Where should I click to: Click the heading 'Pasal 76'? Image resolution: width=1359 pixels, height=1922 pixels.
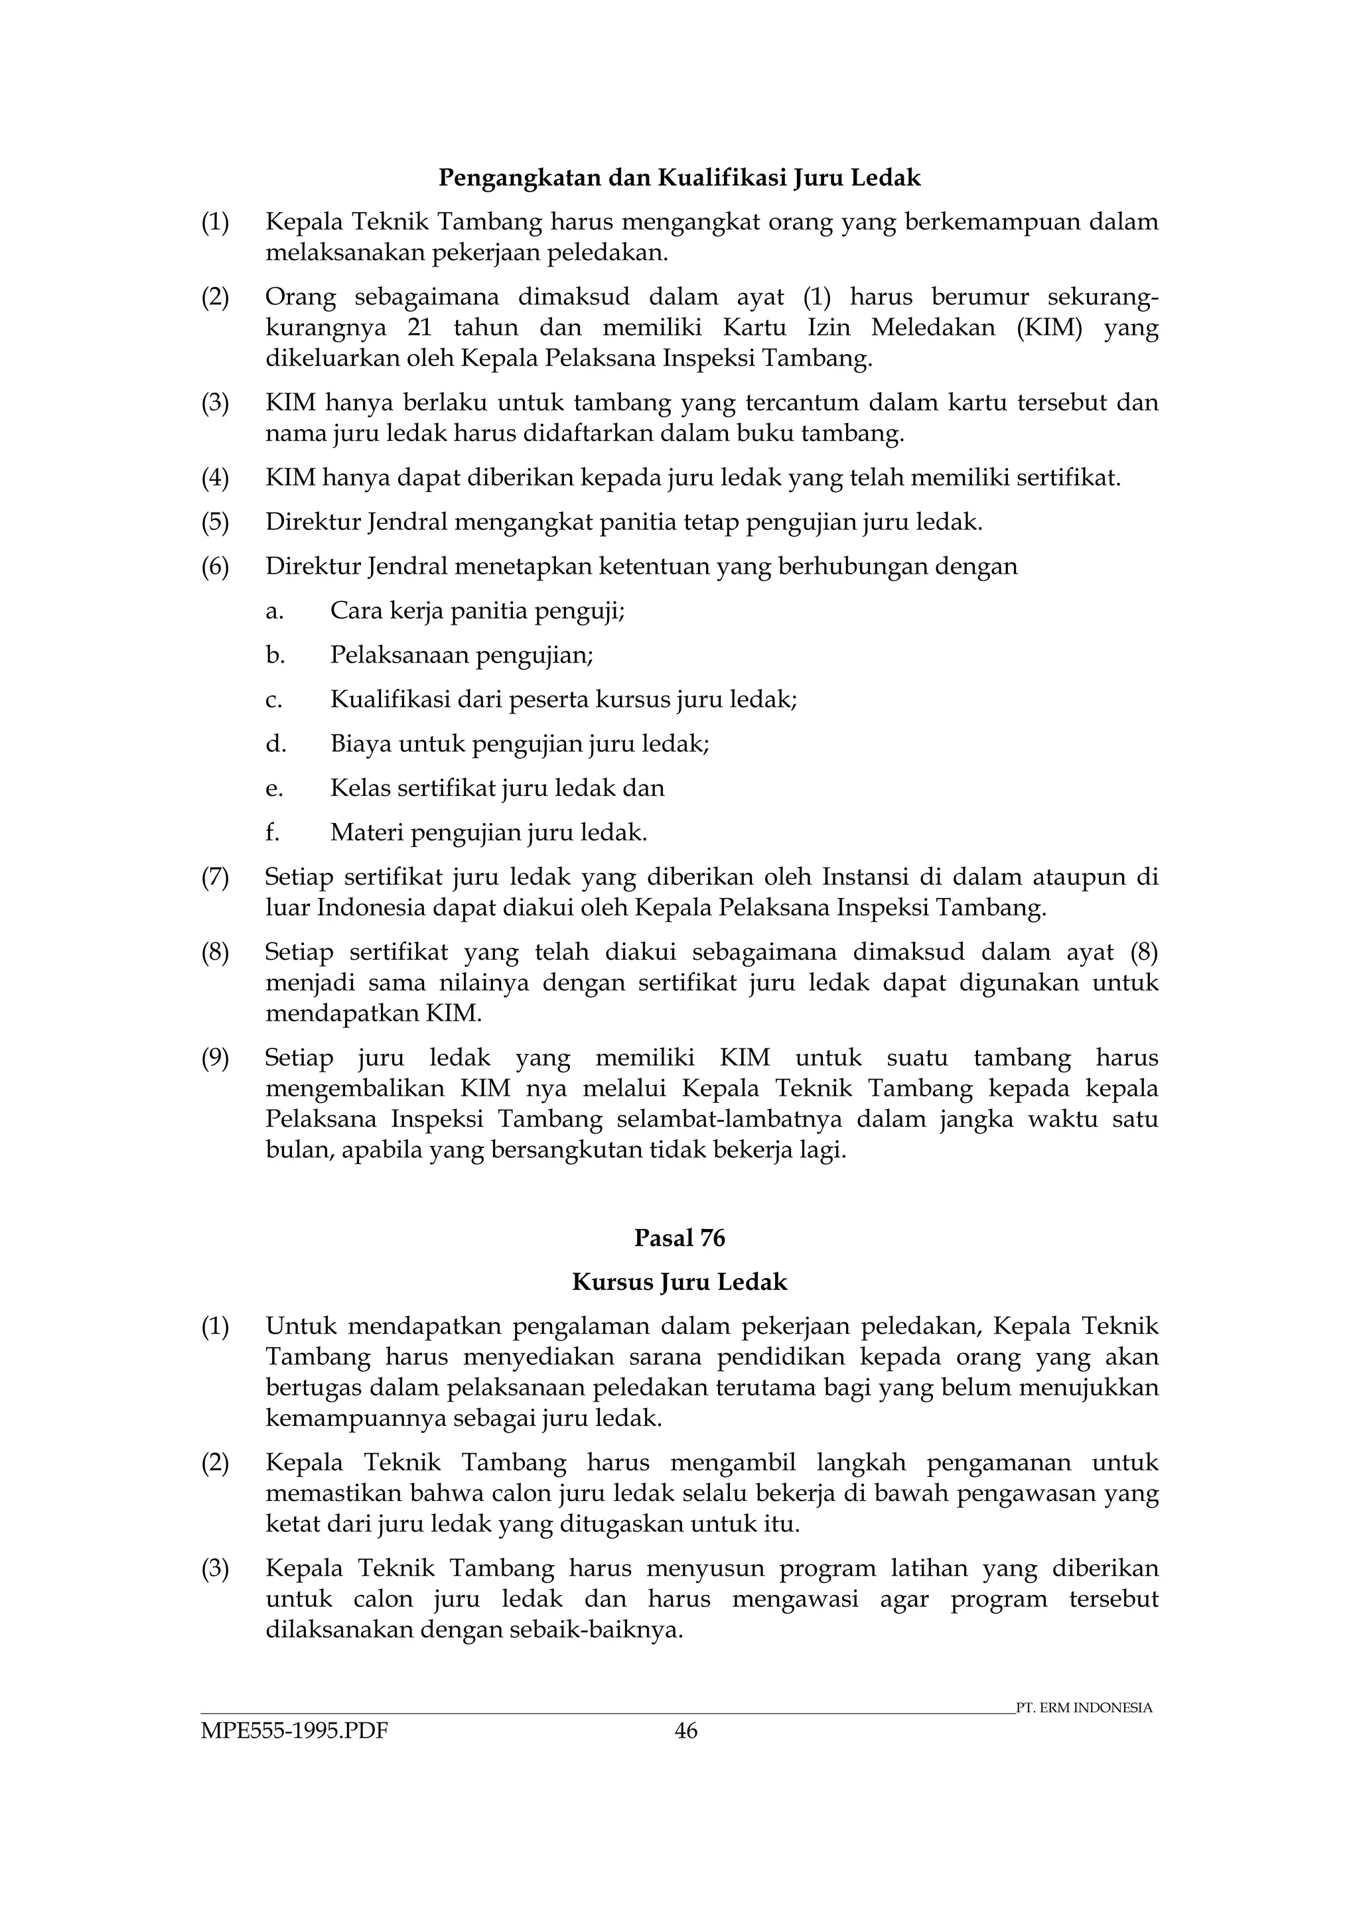point(679,1238)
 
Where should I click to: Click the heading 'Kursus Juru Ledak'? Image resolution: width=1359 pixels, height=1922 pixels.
point(679,1283)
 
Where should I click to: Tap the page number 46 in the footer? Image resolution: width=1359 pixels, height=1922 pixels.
point(685,1731)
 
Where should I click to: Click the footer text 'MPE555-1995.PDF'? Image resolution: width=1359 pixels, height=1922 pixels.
point(294,1731)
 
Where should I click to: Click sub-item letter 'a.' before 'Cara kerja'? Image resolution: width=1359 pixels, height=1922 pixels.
point(275,611)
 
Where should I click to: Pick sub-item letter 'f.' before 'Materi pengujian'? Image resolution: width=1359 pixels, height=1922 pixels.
point(273,833)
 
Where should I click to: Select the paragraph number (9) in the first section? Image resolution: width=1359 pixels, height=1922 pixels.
point(215,1058)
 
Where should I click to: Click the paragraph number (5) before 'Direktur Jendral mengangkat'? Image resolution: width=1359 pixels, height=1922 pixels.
point(215,523)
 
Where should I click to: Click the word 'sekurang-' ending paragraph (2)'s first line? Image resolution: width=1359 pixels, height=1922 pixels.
point(1104,297)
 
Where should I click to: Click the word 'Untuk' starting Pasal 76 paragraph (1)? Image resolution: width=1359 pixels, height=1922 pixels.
point(301,1327)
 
